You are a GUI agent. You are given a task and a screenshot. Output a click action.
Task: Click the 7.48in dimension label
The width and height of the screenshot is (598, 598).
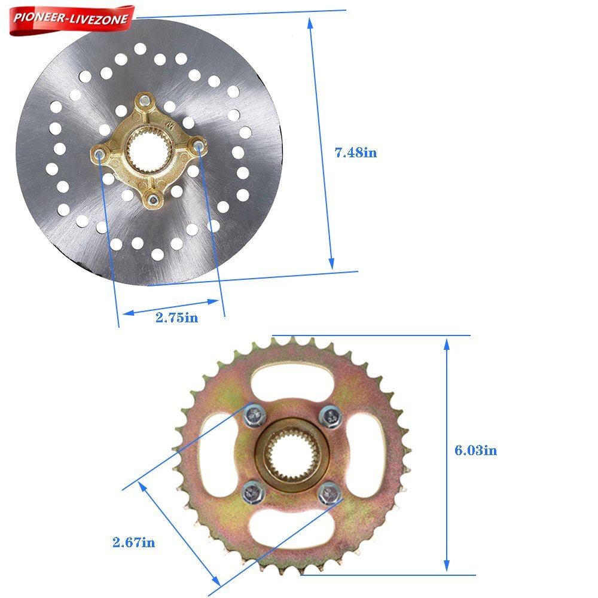coord(355,152)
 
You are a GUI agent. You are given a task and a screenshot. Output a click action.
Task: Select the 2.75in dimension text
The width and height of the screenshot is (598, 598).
coord(177,318)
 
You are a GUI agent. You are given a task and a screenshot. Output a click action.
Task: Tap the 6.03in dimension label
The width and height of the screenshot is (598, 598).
coord(475,450)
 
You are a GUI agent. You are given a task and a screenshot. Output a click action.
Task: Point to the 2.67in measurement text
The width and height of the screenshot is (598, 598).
coord(133,542)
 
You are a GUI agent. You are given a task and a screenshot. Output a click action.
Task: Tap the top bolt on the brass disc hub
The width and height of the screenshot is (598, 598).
coord(145,100)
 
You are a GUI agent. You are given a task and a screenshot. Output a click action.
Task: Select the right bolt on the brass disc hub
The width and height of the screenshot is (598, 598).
coord(199,145)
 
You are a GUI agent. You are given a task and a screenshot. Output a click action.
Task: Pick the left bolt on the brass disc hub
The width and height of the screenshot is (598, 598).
coord(99,154)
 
